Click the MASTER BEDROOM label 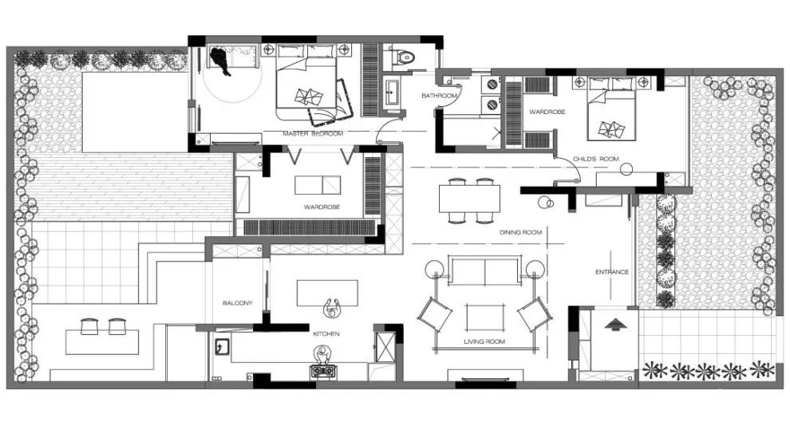click(x=313, y=134)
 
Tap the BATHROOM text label click(x=440, y=95)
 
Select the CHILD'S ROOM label click(x=596, y=159)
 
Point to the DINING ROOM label click(x=521, y=232)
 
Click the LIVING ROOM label click(x=484, y=341)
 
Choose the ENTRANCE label click(x=612, y=272)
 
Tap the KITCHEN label click(x=326, y=334)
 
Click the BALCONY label click(x=237, y=303)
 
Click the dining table click(x=469, y=199)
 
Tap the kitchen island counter click(x=327, y=293)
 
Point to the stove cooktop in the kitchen click(x=322, y=371)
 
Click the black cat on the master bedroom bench click(x=221, y=61)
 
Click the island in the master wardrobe click(x=318, y=185)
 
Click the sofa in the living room click(x=484, y=271)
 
